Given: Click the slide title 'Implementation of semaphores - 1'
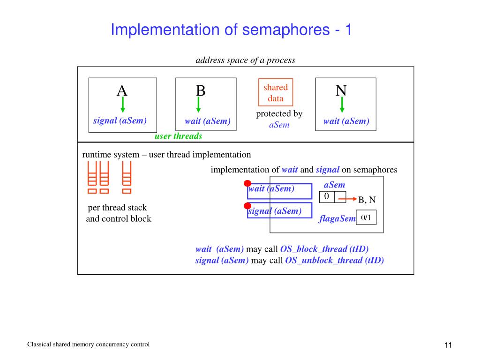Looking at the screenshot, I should pyautogui.click(x=231, y=30).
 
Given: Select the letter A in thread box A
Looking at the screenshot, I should pyautogui.click(x=122, y=90).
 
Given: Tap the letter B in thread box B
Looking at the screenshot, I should pyautogui.click(x=201, y=90).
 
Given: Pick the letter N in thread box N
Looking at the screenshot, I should pyautogui.click(x=341, y=90).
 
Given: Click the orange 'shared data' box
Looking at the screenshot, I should pyautogui.click(x=276, y=92).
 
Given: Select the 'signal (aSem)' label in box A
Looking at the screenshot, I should pyautogui.click(x=120, y=121).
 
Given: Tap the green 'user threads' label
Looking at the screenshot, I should pyautogui.click(x=179, y=136).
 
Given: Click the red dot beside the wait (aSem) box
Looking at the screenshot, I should pyautogui.click(x=247, y=183).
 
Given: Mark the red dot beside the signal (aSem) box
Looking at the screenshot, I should pyautogui.click(x=247, y=206).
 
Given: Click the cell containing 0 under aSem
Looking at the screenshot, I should pyautogui.click(x=327, y=197).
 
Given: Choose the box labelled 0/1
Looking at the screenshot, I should pyautogui.click(x=366, y=217).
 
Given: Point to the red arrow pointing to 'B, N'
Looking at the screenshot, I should pyautogui.click(x=347, y=199).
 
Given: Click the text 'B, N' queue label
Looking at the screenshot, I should pyautogui.click(x=367, y=200).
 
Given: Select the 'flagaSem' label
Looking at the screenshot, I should pyautogui.click(x=337, y=218).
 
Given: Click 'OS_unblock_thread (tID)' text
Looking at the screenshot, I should pyautogui.click(x=334, y=261).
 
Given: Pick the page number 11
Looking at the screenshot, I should pyautogui.click(x=448, y=345).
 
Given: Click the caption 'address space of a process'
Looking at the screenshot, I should pyautogui.click(x=245, y=60).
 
